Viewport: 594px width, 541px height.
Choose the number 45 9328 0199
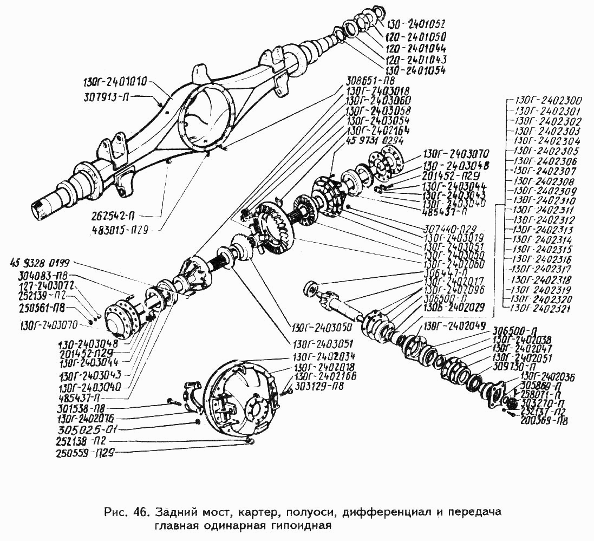(40, 264)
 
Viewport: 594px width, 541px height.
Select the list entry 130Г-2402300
(547, 100)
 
